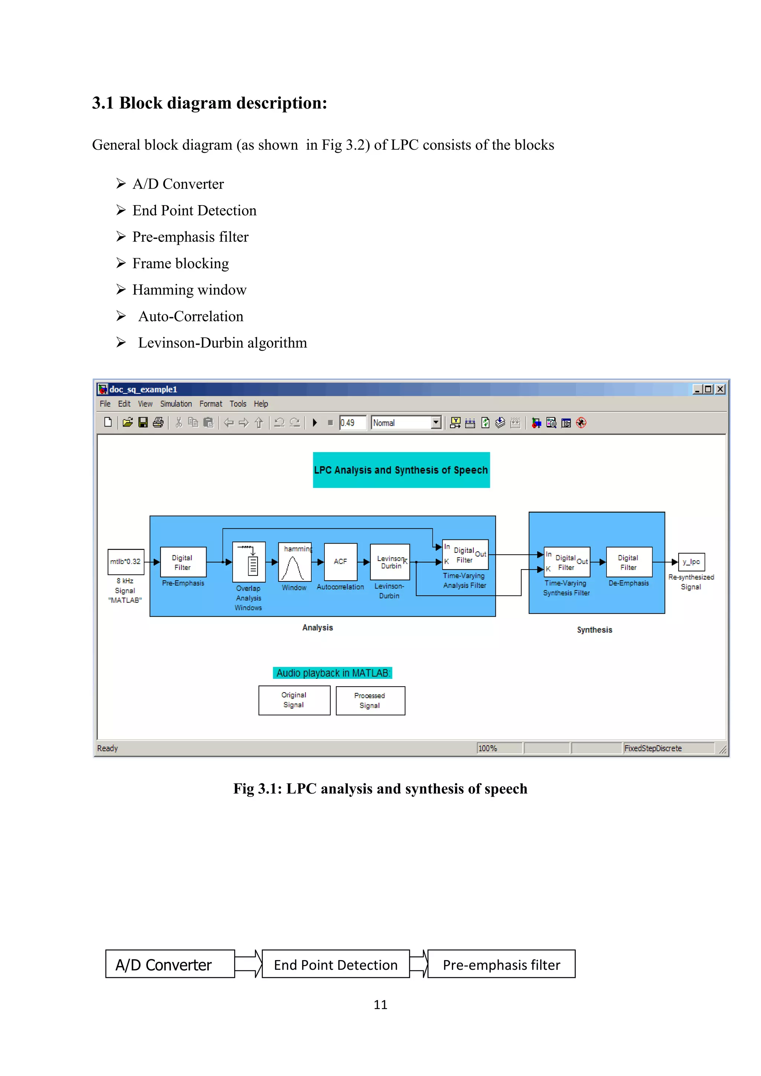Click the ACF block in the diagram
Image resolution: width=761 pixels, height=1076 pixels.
[340, 561]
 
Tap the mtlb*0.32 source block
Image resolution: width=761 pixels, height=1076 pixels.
[126, 561]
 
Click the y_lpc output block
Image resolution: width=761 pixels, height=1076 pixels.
[691, 561]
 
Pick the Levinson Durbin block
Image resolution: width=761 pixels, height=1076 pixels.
[390, 562]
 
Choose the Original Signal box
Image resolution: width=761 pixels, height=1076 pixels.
[294, 700]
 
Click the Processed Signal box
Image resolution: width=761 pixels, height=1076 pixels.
[370, 701]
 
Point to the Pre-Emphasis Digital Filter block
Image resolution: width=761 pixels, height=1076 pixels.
[183, 562]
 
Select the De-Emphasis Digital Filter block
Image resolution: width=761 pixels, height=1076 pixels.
[629, 562]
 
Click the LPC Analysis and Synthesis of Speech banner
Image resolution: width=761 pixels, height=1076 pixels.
[401, 470]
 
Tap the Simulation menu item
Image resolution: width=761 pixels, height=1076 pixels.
[176, 403]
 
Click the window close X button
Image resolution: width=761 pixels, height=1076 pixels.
[720, 389]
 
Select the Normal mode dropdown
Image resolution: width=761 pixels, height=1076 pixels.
[406, 423]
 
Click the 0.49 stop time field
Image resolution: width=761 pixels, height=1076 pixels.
[352, 423]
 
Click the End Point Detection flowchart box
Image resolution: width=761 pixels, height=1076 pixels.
[336, 965]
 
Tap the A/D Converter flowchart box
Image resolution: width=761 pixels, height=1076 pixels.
[170, 965]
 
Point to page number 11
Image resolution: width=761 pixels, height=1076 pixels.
[380, 1005]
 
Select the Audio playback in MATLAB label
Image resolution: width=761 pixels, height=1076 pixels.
[333, 673]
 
